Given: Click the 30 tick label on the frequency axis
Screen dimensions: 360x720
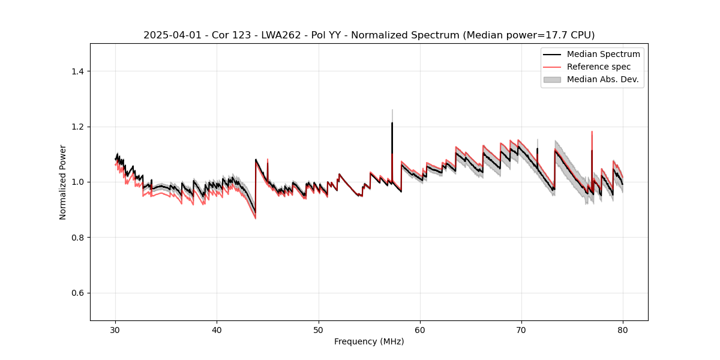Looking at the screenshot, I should pyautogui.click(x=116, y=330).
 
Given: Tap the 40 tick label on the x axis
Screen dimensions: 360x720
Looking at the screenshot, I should pyautogui.click(x=217, y=330).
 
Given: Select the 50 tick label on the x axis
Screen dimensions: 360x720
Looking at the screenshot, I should pyautogui.click(x=319, y=330).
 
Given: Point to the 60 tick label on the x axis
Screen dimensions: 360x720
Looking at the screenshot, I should pyautogui.click(x=420, y=330).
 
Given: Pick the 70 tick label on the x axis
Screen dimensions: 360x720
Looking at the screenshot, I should pyautogui.click(x=521, y=330).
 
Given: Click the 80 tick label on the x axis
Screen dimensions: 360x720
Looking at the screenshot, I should pyautogui.click(x=623, y=330).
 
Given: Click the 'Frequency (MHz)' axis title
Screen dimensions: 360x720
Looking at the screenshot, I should pyautogui.click(x=369, y=341).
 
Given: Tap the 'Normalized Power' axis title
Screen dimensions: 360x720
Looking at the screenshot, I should pyautogui.click(x=63, y=182).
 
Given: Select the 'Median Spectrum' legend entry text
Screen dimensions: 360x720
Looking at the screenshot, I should pyautogui.click(x=603, y=54).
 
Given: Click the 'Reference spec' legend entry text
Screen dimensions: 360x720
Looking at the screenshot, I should pyautogui.click(x=599, y=67).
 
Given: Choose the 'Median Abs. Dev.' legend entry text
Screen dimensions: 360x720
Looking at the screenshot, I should pyautogui.click(x=603, y=79).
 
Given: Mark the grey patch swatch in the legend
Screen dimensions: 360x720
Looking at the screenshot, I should pyautogui.click(x=552, y=79).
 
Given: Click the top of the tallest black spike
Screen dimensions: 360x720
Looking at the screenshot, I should pyautogui.click(x=392, y=123).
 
